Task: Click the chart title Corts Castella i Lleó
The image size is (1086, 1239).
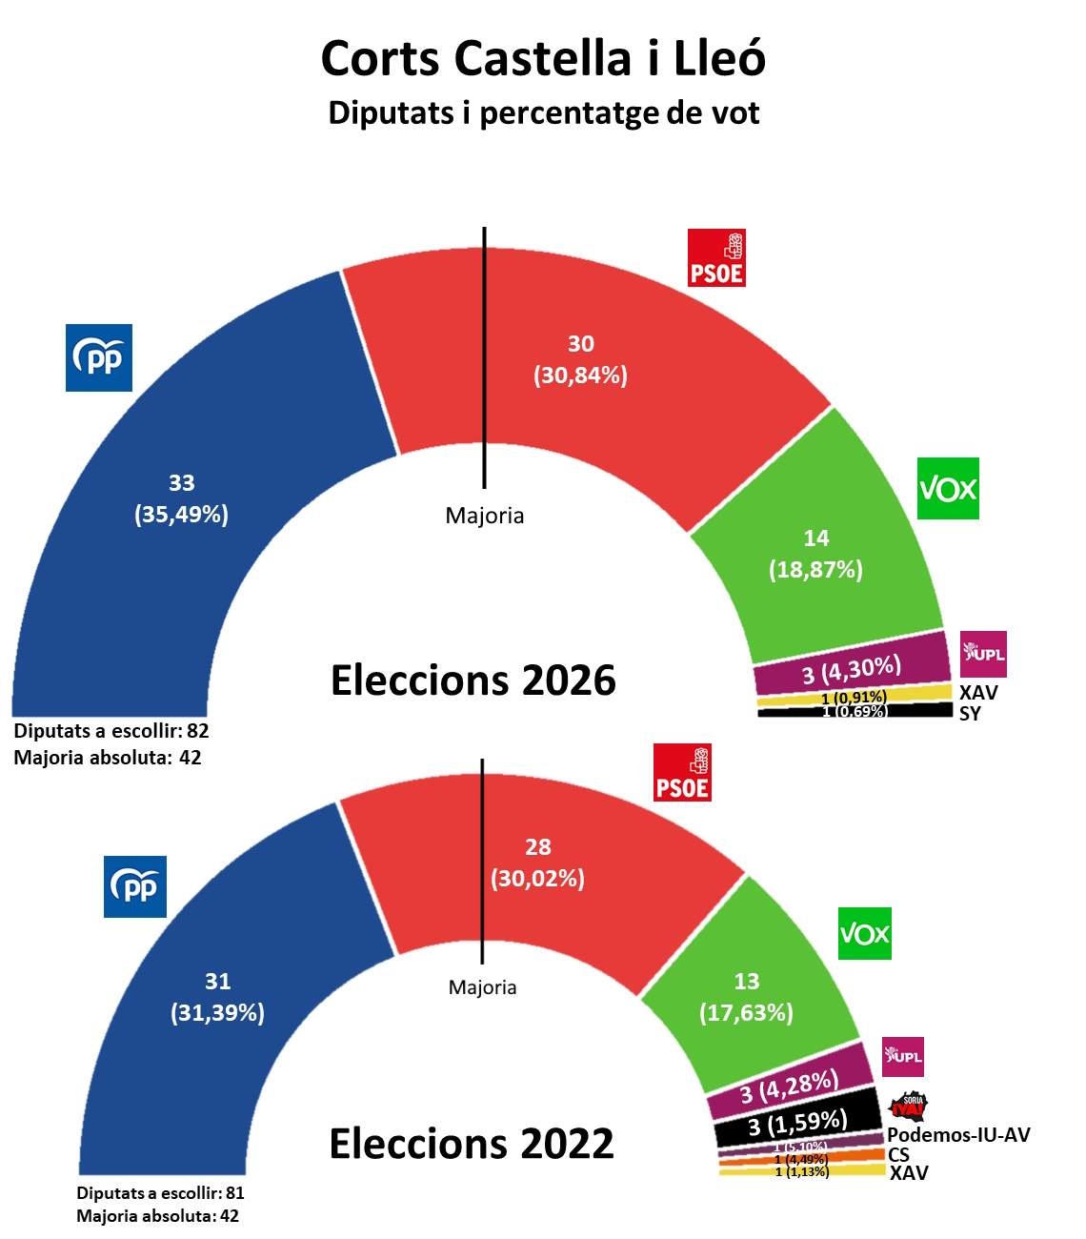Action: click(x=543, y=59)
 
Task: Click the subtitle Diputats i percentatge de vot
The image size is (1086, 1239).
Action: click(x=543, y=112)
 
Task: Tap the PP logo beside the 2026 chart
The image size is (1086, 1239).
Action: click(x=99, y=357)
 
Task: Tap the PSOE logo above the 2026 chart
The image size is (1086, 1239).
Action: click(x=716, y=257)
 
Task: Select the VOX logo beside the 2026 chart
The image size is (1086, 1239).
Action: click(x=948, y=489)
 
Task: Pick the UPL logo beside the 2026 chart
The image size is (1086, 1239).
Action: click(x=983, y=654)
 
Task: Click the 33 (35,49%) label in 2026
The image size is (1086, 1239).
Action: click(x=181, y=498)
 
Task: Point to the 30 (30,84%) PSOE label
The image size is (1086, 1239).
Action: click(x=580, y=359)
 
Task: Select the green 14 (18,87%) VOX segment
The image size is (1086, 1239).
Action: click(x=815, y=553)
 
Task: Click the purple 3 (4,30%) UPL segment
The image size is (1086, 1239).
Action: click(x=851, y=671)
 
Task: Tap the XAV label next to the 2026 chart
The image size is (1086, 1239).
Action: click(x=978, y=693)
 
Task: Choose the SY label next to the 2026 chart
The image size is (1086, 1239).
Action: click(x=970, y=714)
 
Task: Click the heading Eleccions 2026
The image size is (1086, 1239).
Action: click(x=473, y=680)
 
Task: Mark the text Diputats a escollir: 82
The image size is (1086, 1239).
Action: click(x=111, y=731)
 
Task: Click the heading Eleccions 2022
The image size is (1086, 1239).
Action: click(x=472, y=1143)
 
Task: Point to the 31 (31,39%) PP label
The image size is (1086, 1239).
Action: click(x=217, y=997)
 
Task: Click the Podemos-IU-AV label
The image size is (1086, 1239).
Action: click(x=958, y=1135)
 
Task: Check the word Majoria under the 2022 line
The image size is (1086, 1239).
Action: click(x=482, y=987)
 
